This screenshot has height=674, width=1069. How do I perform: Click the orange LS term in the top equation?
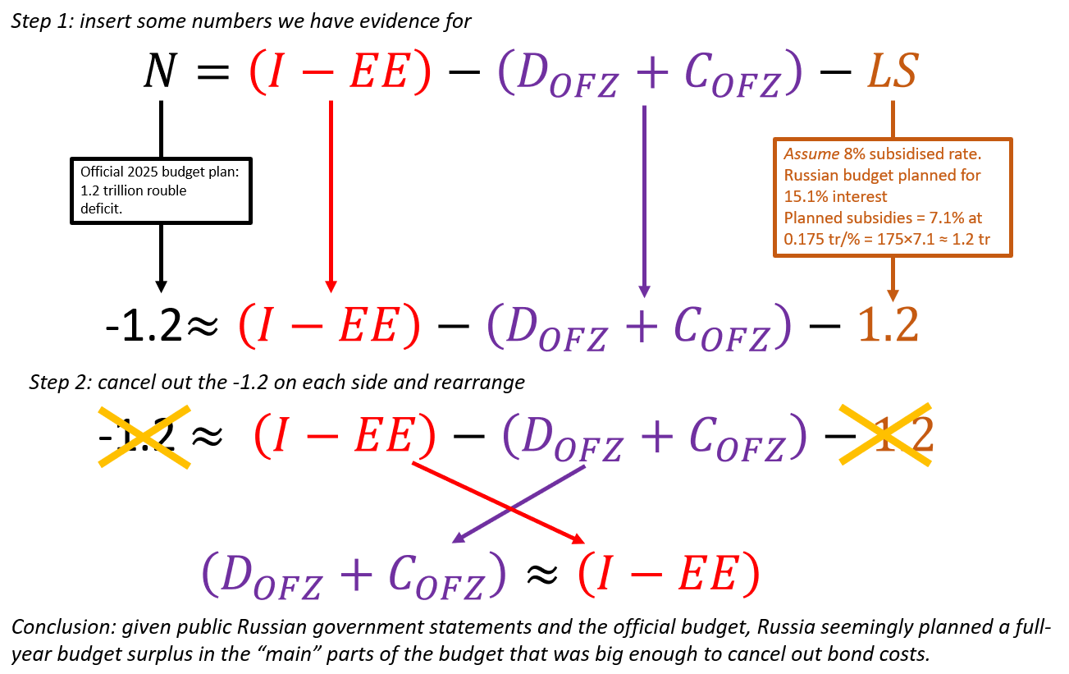[892, 72]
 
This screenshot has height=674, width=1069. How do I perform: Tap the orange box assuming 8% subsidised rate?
[893, 197]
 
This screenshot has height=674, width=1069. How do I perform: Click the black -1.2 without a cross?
[144, 326]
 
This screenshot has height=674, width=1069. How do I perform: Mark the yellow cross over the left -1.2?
[144, 436]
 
